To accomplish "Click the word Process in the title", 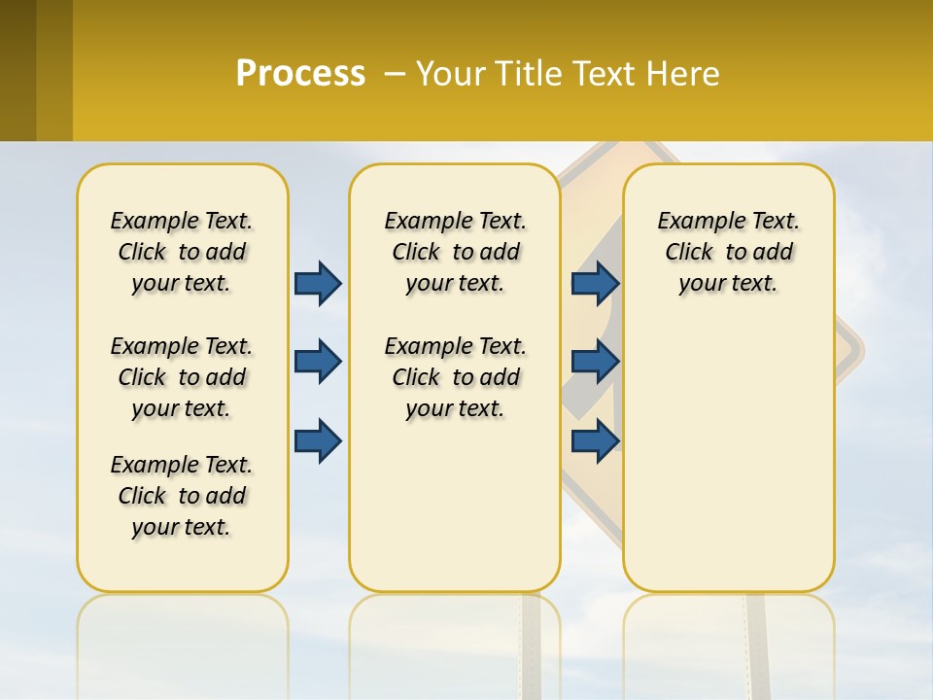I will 300,73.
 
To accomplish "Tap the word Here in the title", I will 685,74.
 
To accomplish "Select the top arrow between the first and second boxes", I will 318,283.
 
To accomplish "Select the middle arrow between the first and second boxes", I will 318,362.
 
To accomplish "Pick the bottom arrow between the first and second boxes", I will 318,439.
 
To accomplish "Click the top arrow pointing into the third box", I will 596,283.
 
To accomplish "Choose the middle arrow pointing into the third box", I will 596,362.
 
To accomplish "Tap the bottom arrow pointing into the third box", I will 596,439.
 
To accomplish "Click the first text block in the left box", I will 182,252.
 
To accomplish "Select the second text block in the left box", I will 182,377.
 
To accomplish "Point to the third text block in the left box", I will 182,496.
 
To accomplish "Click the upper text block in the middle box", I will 455,252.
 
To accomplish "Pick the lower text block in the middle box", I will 455,377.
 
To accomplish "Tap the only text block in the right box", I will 728,252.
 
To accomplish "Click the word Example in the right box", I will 693,222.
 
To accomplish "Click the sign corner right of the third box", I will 851,350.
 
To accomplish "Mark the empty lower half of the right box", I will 728,457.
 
